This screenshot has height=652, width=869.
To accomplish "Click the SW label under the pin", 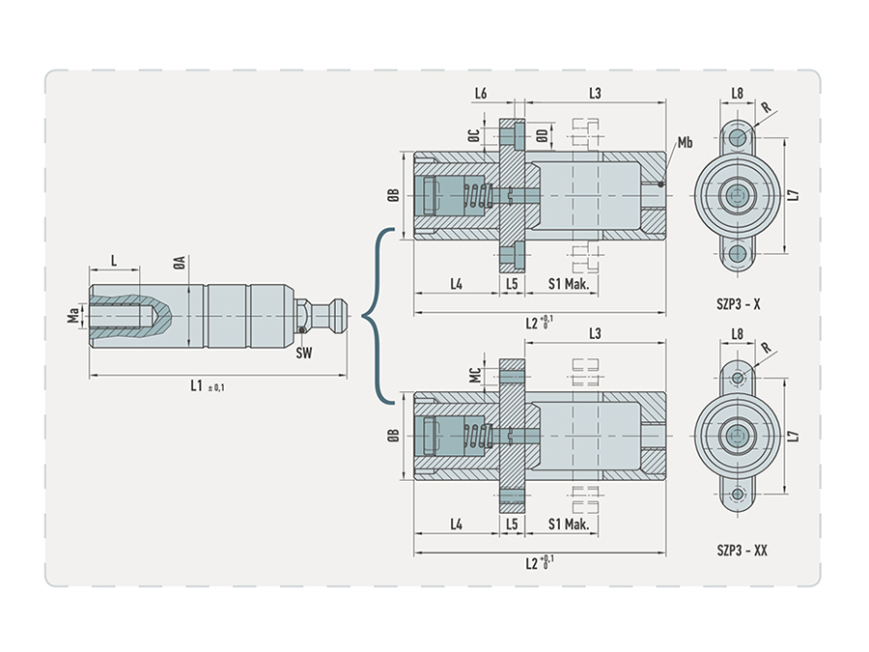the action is click(304, 353).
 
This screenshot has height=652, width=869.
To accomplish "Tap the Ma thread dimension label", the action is click(73, 316).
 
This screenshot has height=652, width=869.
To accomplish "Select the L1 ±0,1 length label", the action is click(208, 385).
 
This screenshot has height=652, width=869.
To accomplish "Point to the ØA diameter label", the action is click(179, 264).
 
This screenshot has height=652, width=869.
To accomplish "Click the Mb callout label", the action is click(685, 143).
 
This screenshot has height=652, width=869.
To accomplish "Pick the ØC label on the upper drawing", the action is click(474, 135).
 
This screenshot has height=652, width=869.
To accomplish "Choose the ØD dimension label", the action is click(543, 135).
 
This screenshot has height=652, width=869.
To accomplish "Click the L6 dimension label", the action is click(481, 93).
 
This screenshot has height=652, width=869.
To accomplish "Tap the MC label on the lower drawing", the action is click(475, 375).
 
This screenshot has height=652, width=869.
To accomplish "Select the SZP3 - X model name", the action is click(739, 304).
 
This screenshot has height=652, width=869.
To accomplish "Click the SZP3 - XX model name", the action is click(742, 550).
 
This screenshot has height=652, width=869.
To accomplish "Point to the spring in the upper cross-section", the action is click(478, 195).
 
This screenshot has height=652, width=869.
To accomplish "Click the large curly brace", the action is click(378, 316).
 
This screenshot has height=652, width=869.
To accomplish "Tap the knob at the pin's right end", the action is click(339, 316).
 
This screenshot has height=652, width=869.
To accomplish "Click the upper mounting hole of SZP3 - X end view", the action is click(738, 137).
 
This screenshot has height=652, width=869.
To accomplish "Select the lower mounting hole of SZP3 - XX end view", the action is click(738, 494).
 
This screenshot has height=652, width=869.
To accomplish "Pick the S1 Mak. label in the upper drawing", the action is click(569, 284).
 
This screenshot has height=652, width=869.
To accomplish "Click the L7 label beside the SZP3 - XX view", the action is click(795, 436).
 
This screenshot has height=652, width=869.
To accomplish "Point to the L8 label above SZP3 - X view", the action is click(737, 93).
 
